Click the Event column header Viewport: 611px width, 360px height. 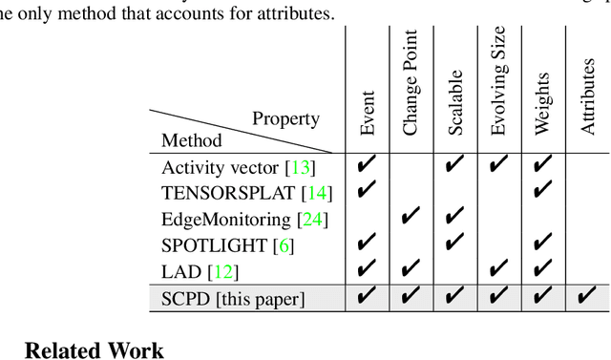[x=368, y=114]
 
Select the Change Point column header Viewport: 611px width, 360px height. [x=411, y=83]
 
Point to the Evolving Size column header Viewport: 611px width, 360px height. [x=499, y=82]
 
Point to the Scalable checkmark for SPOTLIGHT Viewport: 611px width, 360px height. [x=455, y=245]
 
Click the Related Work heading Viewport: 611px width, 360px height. [x=94, y=349]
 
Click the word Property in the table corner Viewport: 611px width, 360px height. [x=285, y=119]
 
